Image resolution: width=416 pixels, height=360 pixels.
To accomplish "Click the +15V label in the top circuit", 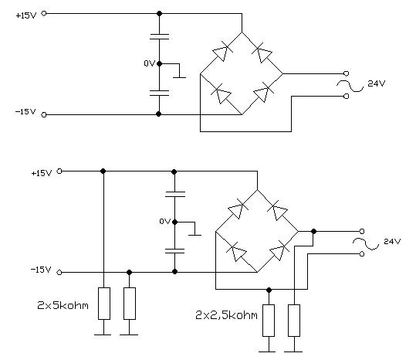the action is [25, 15].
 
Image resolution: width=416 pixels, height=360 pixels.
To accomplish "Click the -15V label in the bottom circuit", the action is [41, 270].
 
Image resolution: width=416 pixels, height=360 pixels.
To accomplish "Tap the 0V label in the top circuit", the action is [149, 63].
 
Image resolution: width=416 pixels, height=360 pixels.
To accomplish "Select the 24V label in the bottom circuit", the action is [392, 241].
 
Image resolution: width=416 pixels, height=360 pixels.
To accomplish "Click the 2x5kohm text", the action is [63, 306].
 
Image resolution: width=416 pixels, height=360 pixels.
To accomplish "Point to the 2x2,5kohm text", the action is [226, 315].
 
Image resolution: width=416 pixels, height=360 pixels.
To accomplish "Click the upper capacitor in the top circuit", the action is [159, 36].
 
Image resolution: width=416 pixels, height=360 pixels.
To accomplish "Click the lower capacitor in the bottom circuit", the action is [174, 251].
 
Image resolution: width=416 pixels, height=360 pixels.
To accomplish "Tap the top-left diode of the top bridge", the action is [222, 53].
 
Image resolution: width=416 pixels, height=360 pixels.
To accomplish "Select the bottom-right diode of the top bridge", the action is [262, 93].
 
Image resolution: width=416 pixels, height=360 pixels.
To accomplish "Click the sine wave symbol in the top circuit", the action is [350, 86].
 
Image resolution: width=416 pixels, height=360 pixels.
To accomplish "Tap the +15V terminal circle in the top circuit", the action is [44, 13].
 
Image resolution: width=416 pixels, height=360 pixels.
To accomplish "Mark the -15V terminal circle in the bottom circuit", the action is [59, 273].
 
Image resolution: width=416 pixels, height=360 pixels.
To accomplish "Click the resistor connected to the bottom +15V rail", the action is [104, 304].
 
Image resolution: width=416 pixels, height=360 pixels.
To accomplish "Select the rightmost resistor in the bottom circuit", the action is [294, 321].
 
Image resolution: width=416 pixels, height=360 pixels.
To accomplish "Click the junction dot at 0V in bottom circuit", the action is [174, 222].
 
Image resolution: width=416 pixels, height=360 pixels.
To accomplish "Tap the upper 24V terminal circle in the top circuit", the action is [346, 73].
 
